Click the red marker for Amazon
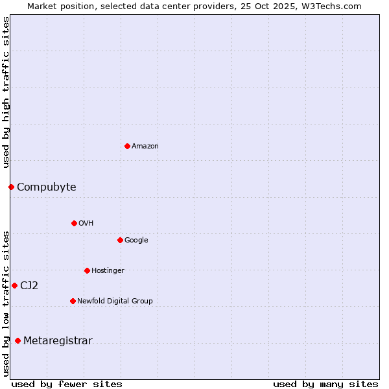tap(127, 146)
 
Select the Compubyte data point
tap(11, 187)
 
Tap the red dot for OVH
tap(74, 223)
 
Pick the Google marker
tap(120, 240)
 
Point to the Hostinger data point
tap(87, 270)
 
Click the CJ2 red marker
tap(14, 285)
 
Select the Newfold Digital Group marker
tap(73, 301)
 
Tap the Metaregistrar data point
tap(18, 341)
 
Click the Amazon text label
tap(145, 147)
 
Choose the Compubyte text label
tap(46, 187)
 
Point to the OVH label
tap(86, 224)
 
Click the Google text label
tap(136, 241)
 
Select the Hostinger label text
tap(108, 271)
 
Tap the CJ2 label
tap(29, 286)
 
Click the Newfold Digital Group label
tap(115, 301)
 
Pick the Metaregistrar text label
tap(58, 342)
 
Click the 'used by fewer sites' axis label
tap(67, 384)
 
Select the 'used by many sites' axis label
tap(325, 384)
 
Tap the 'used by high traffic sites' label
tap(6, 92)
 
